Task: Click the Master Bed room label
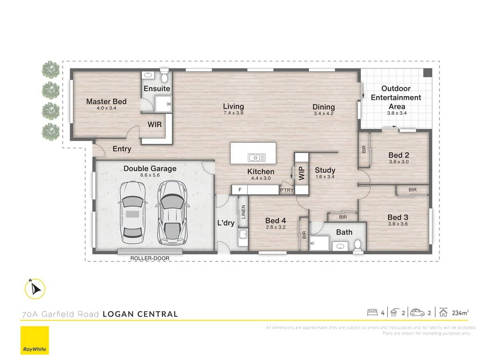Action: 106,102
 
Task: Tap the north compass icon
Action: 35,288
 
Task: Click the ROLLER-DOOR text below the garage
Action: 150,258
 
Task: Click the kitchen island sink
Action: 255,158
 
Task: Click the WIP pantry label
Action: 302,173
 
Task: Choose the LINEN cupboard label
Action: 243,212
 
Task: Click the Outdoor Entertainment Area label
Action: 396,97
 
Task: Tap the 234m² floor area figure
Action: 460,313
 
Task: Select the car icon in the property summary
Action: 417,312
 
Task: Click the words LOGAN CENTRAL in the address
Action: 140,314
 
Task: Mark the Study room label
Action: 325,170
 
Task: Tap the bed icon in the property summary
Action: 372,312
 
